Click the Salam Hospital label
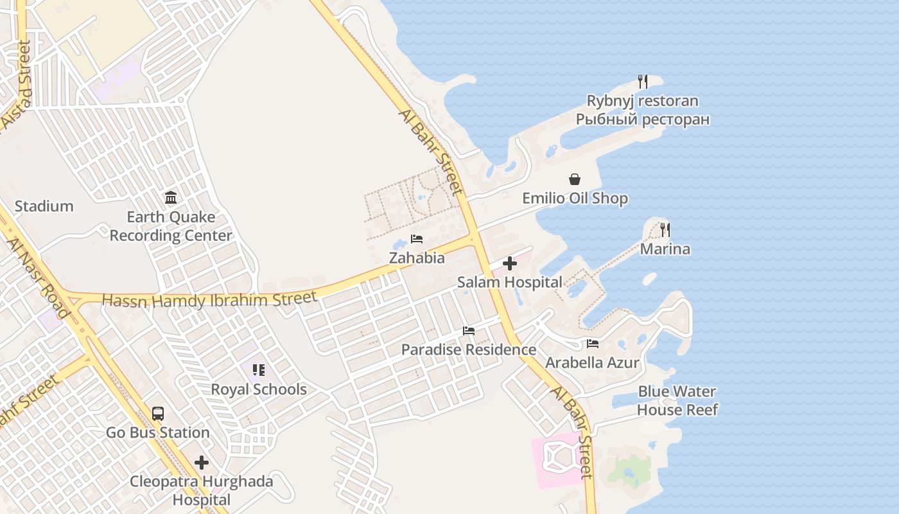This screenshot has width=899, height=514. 509,282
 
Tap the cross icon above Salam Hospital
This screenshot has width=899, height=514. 509,263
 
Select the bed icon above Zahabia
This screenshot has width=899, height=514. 417,239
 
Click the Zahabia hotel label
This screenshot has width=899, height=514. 417,258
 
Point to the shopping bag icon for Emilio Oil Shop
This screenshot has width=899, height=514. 575,179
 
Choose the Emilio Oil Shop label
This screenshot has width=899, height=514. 575,199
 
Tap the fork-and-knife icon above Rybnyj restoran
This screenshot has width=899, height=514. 642,82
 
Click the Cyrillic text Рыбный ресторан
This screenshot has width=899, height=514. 642,120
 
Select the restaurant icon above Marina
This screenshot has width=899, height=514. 665,229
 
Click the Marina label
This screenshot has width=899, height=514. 665,249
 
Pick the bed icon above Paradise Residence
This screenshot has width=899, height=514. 469,331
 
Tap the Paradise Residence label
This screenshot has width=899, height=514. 469,350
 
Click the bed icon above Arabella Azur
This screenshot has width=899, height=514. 592,344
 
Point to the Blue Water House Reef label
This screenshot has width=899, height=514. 677,400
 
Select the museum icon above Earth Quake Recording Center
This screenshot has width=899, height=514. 171,197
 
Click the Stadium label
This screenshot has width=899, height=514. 44,206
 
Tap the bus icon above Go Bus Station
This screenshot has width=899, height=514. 158,413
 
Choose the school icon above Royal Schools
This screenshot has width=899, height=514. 259,370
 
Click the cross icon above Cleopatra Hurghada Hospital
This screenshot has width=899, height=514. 202,462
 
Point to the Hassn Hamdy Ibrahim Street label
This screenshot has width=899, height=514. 209,299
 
